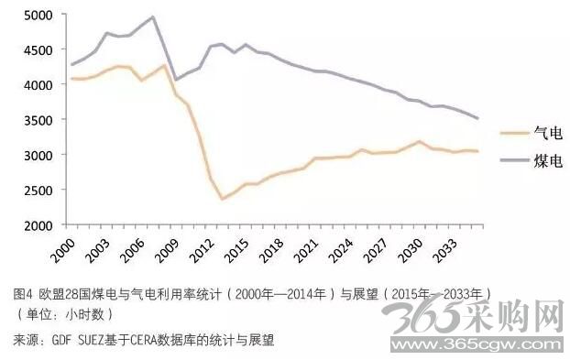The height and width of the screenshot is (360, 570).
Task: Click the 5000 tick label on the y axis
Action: [x=38, y=15]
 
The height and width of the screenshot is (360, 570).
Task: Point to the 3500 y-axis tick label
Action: [x=38, y=120]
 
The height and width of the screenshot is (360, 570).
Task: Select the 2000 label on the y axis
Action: [x=38, y=225]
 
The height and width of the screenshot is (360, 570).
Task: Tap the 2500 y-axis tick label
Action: [x=38, y=191]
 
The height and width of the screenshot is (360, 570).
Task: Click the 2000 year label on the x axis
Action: [x=63, y=250]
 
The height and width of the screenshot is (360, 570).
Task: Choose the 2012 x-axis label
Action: [x=203, y=250]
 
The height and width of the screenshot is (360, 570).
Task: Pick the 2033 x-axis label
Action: [x=446, y=250]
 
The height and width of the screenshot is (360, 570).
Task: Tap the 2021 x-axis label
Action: [x=306, y=250]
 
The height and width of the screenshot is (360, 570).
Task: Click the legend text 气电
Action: [x=548, y=133]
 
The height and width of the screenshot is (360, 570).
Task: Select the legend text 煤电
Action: [x=548, y=161]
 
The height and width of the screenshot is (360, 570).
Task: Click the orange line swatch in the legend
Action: [x=514, y=133]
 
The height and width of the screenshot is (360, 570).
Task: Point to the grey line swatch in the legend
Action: [x=514, y=160]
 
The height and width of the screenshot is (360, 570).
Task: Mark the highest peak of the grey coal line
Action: [x=153, y=16]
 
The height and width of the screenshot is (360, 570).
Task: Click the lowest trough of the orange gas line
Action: [x=223, y=199]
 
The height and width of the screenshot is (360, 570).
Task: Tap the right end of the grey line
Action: [x=477, y=118]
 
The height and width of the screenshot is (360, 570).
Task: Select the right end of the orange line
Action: [x=477, y=151]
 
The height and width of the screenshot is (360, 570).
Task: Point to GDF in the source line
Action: [x=61, y=340]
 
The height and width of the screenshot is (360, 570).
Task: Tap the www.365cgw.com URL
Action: [x=479, y=344]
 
